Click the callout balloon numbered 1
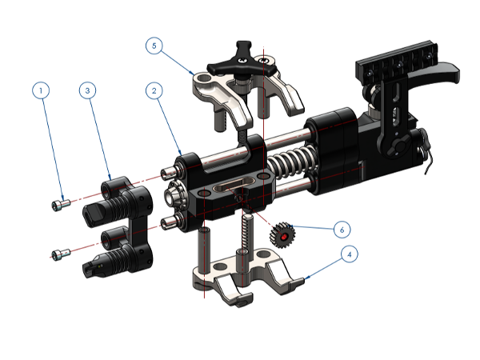pos(41,90)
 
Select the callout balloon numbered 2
pos(154,90)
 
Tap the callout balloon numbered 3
pos(87,90)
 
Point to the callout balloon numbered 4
pos(350,254)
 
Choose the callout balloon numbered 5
pos(154,46)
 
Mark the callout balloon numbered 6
pos(342,230)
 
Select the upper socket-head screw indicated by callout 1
pos(61,205)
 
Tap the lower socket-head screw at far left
pos(61,254)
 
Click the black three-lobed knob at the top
pos(242,62)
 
